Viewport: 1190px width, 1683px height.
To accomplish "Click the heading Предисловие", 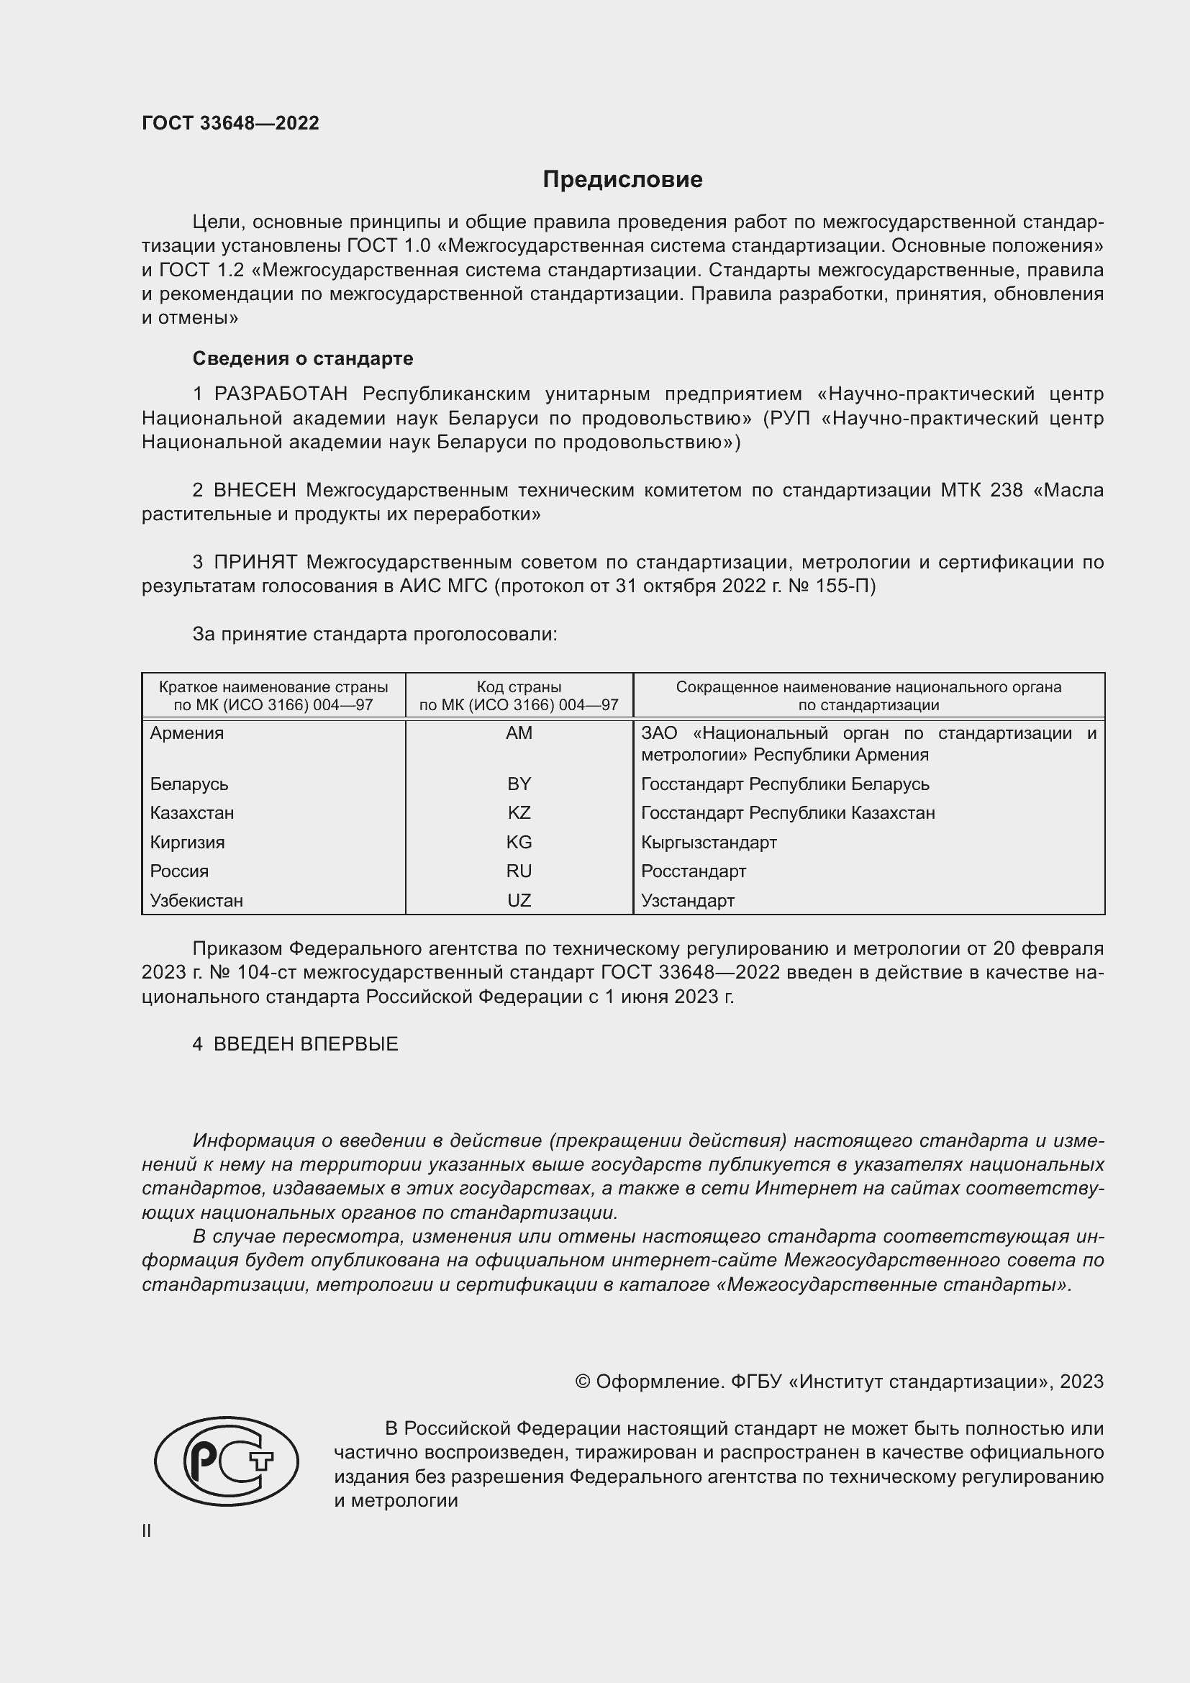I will click(622, 180).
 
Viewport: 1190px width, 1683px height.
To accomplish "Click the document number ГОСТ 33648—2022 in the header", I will click(230, 123).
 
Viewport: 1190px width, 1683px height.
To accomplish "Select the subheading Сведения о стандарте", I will click(303, 358).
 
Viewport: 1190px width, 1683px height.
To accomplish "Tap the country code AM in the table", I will click(519, 733).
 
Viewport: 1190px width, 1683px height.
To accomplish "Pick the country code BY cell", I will click(519, 784).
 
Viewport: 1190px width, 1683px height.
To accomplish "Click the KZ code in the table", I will click(519, 813).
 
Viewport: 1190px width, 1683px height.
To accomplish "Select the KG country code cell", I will click(519, 843).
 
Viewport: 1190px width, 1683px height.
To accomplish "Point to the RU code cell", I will click(519, 871).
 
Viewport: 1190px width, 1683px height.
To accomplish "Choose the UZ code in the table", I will click(519, 900).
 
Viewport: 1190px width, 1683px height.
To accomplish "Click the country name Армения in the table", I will click(187, 733).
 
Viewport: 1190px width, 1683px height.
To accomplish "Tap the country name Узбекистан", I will click(196, 900).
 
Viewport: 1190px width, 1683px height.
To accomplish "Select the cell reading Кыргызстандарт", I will click(709, 843).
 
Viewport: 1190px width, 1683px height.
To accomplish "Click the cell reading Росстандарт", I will click(693, 871).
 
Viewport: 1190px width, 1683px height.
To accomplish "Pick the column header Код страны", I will click(519, 688).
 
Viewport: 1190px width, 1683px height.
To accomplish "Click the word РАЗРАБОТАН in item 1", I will click(281, 394).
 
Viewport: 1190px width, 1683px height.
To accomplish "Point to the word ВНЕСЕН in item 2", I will click(255, 490).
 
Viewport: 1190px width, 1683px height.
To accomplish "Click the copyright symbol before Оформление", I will click(583, 1382).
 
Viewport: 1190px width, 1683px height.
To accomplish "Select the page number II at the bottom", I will click(147, 1530).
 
